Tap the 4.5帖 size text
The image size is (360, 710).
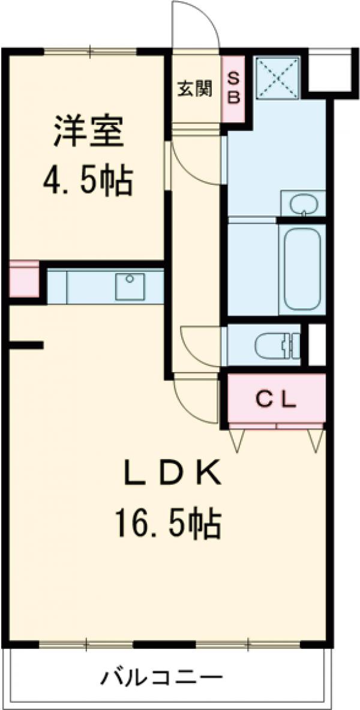(x=88, y=179)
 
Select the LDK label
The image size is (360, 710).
(x=172, y=474)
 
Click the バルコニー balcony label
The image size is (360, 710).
(x=161, y=679)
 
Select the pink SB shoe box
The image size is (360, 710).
(x=234, y=88)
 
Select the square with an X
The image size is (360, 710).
(x=277, y=77)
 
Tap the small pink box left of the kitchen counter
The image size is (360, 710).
(x=23, y=280)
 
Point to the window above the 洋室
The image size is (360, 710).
(x=91, y=52)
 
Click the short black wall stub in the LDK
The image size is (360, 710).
(x=26, y=344)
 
